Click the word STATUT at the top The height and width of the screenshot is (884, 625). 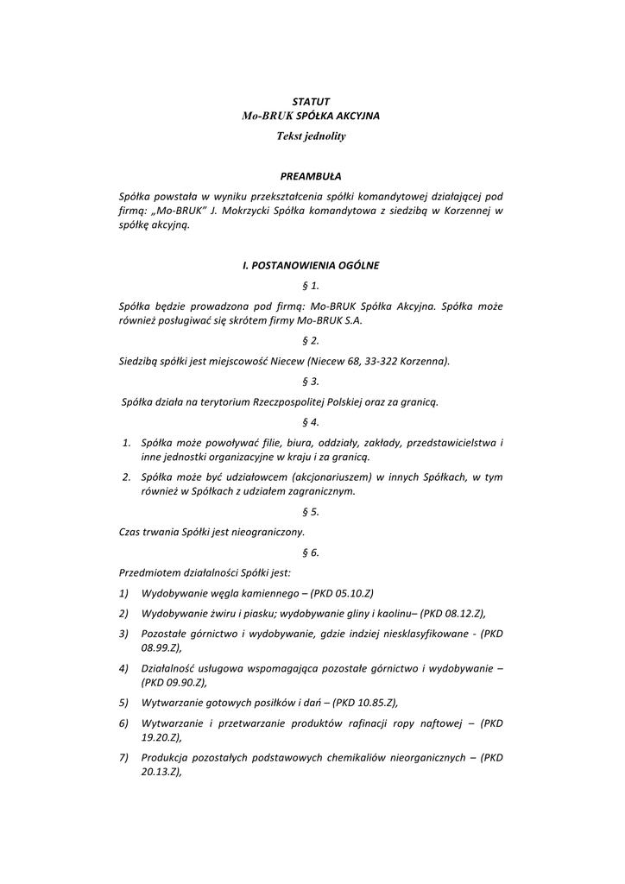[x=311, y=102]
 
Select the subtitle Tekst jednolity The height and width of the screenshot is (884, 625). [x=311, y=136]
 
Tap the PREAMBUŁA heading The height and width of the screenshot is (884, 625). [x=311, y=176]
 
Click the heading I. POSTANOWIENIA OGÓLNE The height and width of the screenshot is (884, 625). [x=311, y=266]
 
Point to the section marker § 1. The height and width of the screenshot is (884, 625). [x=311, y=285]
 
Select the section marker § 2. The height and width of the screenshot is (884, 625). [x=311, y=341]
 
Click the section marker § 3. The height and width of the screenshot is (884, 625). [x=311, y=381]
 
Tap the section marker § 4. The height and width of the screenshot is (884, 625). [x=311, y=422]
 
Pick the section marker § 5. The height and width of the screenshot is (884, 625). [x=311, y=512]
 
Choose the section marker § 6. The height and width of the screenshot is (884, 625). [x=311, y=552]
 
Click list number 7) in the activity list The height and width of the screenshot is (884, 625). [x=124, y=758]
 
